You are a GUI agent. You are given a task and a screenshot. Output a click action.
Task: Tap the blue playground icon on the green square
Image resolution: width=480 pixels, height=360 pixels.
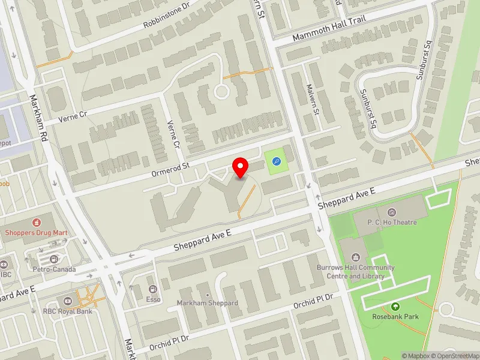point(276,161)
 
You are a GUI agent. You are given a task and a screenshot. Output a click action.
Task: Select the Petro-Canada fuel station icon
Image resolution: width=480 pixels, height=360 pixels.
point(54,259)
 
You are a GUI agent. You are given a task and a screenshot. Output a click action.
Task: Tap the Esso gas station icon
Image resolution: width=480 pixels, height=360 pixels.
point(152,289)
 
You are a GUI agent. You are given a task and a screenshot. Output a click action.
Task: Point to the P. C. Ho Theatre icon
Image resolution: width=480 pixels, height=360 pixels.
point(392,212)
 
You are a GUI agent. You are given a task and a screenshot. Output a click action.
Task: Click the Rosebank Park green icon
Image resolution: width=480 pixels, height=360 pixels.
point(395,307)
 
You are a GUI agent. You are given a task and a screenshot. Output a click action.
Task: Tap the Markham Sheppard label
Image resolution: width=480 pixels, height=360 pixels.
point(208,303)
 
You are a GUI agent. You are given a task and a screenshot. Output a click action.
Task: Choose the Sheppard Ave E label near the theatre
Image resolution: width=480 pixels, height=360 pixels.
point(347,199)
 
